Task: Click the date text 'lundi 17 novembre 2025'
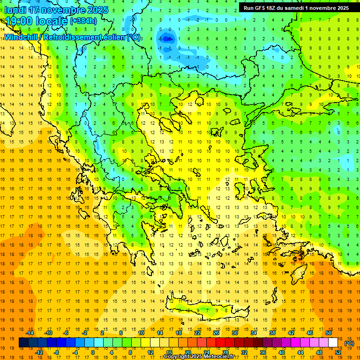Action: [x=56, y=10]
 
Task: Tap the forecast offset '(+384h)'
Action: [x=83, y=21]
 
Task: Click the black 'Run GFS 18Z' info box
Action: [x=296, y=8]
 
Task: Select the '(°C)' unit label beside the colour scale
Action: [x=349, y=343]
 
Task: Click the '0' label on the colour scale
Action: [x=93, y=352]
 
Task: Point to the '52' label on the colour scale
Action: [x=338, y=352]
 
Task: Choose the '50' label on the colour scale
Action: [x=329, y=333]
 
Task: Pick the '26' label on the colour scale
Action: [x=216, y=333]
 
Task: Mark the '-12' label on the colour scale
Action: [x=39, y=352]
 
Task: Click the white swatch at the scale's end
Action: [x=333, y=343]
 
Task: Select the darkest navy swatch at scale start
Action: [x=23, y=343]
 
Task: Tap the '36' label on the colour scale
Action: [x=263, y=352]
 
